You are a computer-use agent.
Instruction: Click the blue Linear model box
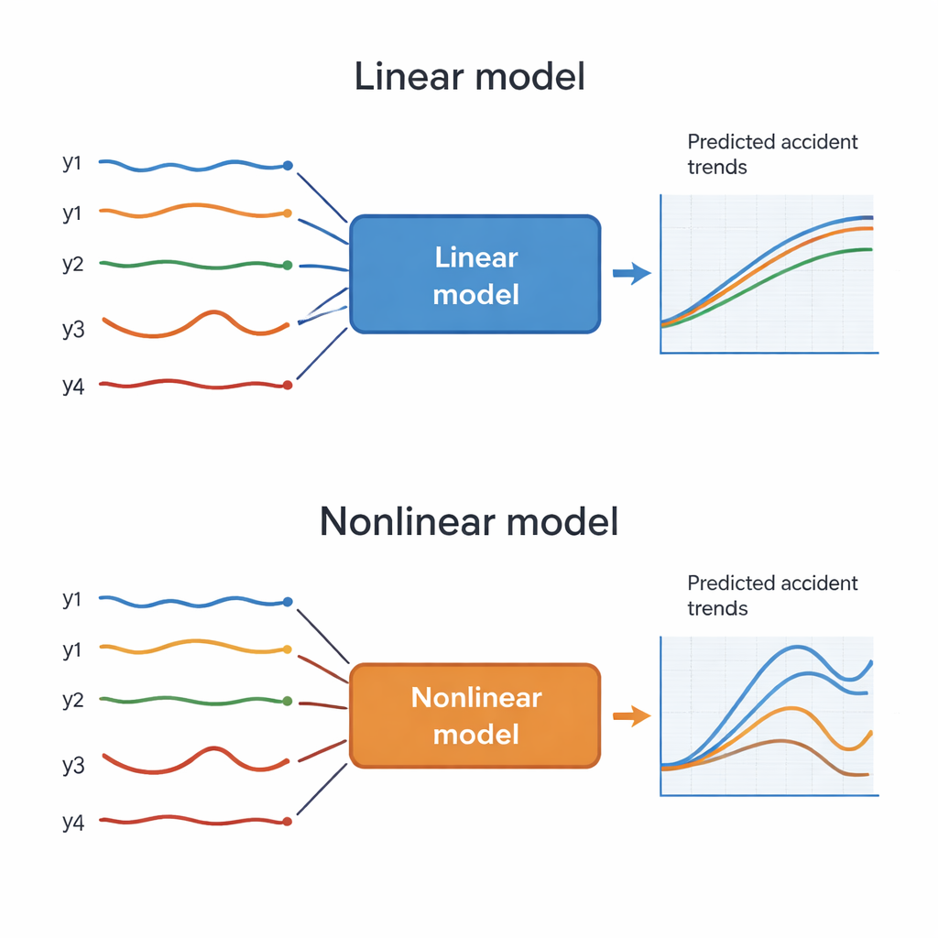(475, 274)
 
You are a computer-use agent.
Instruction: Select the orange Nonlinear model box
(475, 715)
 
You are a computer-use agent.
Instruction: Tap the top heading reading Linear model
(469, 77)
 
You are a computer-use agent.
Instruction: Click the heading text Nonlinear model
(469, 521)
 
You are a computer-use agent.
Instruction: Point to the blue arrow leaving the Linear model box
(630, 272)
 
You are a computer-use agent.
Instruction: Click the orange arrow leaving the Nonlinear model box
(630, 716)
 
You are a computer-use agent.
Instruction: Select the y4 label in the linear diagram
(73, 386)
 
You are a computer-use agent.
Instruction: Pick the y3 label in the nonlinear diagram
(73, 765)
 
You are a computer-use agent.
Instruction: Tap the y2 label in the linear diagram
(73, 265)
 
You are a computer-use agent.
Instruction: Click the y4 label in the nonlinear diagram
(73, 822)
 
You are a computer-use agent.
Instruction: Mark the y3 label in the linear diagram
(73, 328)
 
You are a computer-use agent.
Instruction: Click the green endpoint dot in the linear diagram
(288, 265)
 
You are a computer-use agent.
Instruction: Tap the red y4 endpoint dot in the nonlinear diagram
(288, 822)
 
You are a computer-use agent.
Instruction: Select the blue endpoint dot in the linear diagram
(288, 166)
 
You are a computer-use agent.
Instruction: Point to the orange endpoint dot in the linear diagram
(288, 213)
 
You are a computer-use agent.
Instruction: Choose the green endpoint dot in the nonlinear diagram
(288, 701)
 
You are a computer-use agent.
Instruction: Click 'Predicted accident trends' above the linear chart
(772, 154)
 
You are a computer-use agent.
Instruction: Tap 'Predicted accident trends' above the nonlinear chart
(772, 595)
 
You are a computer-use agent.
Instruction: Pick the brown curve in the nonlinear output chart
(779, 741)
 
